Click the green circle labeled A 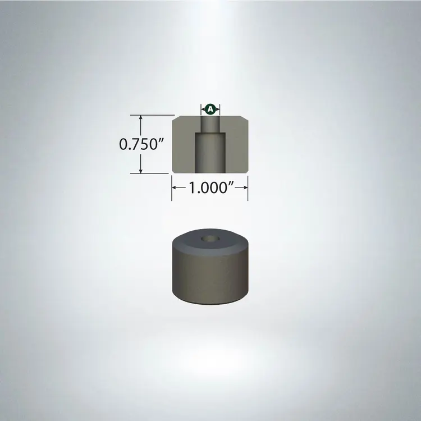coord(210,109)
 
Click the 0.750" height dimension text coord(141,144)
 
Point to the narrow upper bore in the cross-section coord(210,124)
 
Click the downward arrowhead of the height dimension coord(141,170)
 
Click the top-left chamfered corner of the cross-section coord(175,118)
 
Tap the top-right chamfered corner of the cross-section coord(245,118)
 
